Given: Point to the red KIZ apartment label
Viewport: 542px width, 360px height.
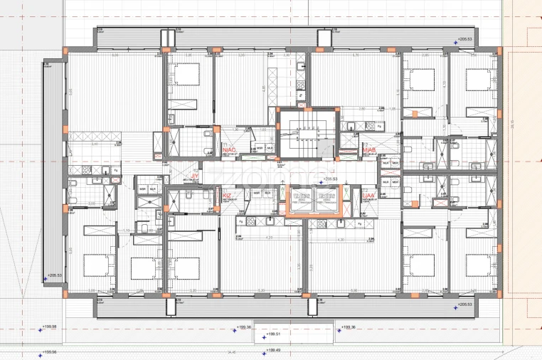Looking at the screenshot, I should point(227,195).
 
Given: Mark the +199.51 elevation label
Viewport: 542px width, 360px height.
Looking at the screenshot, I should point(273,333).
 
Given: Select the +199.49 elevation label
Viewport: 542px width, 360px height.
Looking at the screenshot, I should point(273,351).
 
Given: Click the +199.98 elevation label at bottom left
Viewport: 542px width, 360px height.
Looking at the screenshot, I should point(50,327).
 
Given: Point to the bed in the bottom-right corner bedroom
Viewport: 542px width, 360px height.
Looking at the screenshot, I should point(482,265).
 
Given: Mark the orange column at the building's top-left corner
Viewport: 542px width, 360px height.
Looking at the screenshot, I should point(65,51).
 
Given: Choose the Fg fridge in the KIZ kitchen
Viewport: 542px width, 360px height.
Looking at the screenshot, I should point(240,222).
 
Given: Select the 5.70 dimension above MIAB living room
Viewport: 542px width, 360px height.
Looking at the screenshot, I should point(356,55).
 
